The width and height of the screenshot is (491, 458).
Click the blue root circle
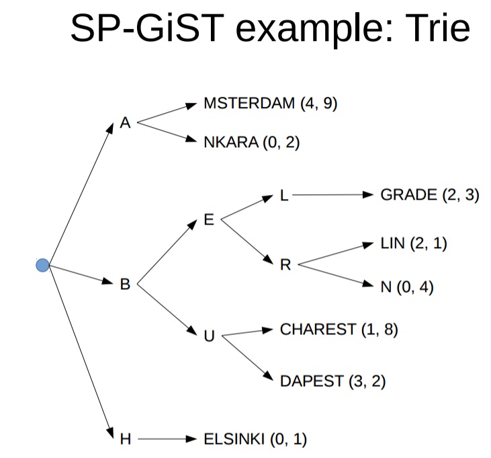click(x=43, y=265)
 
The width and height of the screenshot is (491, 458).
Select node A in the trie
click(x=125, y=123)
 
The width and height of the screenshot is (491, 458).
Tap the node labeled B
click(x=125, y=284)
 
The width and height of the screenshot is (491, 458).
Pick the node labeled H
click(x=125, y=440)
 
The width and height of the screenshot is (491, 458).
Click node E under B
click(x=209, y=219)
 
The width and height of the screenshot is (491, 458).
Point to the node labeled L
click(x=283, y=196)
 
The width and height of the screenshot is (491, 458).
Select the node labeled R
click(x=285, y=264)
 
